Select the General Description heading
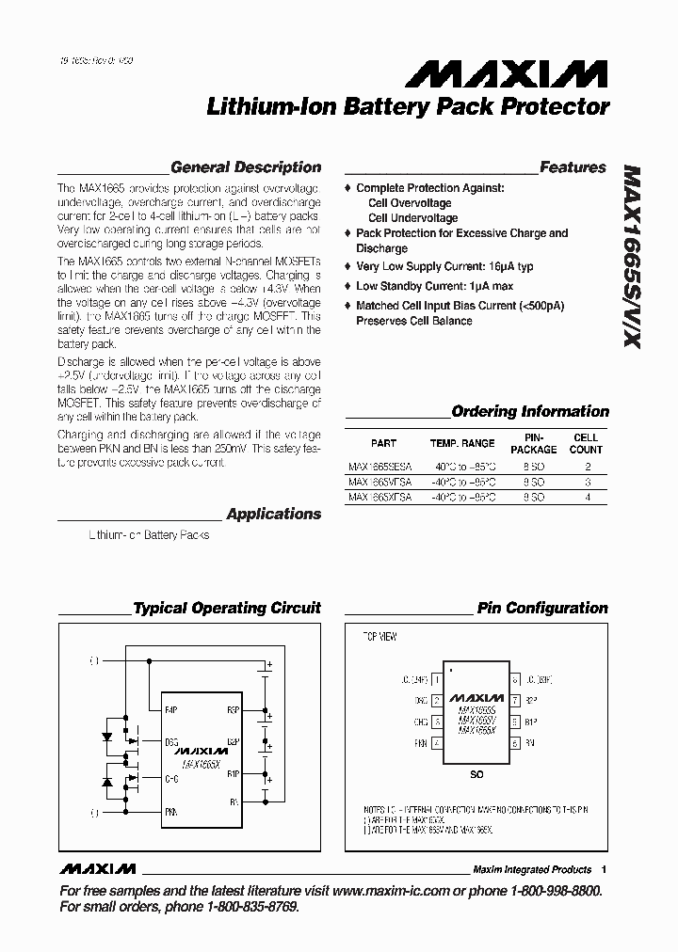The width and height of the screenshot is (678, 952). coord(246,167)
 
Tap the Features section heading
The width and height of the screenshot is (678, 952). coord(573,167)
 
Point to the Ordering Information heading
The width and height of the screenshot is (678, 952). coord(530,411)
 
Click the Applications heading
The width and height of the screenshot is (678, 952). coord(274,514)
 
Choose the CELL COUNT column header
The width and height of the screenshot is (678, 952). coord(587,443)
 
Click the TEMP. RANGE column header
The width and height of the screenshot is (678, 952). coord(462,443)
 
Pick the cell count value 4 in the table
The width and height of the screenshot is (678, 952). coord(588,496)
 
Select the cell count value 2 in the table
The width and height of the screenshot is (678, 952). coord(588,466)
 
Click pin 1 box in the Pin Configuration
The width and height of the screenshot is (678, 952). coord(436,677)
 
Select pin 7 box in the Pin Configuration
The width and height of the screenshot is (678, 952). coord(515,700)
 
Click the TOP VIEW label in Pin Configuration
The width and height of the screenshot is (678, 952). coord(380,637)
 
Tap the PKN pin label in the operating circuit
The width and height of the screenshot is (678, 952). coord(170,809)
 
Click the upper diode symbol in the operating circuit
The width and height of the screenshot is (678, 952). coord(106,738)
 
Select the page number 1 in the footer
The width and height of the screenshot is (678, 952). coord(604,869)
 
